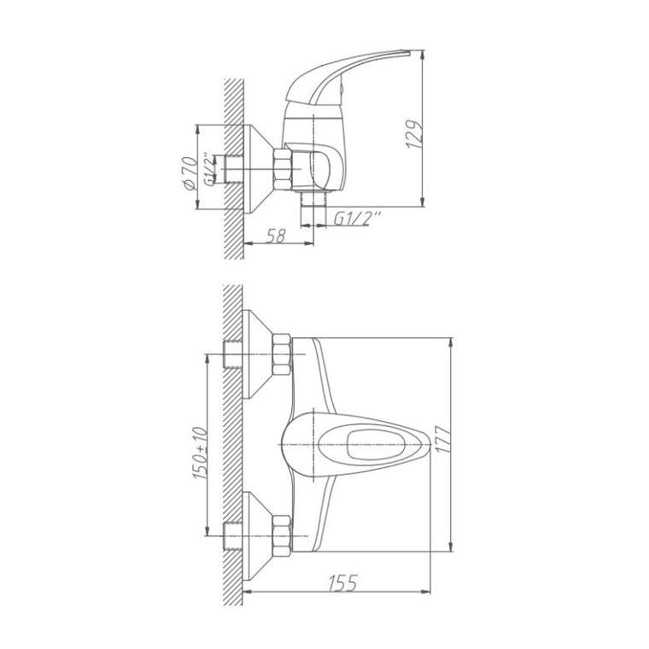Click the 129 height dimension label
[x=414, y=135]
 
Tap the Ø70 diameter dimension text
[x=190, y=174]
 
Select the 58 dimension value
[x=276, y=236]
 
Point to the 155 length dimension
[x=342, y=584]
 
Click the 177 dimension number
[x=444, y=440]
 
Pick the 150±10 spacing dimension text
[x=201, y=453]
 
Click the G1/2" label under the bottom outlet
[x=357, y=219]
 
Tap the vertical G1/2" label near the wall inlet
[x=211, y=170]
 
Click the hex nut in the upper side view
[x=283, y=170]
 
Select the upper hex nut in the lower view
[x=283, y=354]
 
